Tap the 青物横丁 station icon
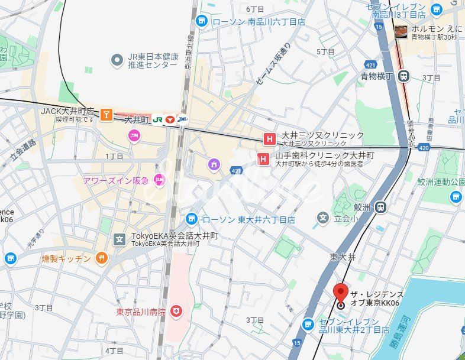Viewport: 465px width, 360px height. pos(404,76)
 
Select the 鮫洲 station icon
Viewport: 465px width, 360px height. pos(381,207)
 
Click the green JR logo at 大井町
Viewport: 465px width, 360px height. pos(158,119)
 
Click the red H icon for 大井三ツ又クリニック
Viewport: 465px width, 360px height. pos(270,140)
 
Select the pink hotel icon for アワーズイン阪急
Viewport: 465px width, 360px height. pos(159,179)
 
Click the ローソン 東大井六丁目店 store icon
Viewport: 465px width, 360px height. pos(191,219)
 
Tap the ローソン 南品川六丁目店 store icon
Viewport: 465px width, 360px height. pos(201,21)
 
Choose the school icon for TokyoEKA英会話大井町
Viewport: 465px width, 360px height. pos(120,239)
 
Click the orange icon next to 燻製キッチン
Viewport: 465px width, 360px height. pos(101,258)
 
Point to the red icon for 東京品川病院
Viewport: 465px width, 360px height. pos(176,311)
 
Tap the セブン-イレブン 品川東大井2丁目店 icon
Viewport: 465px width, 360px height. pos(308,325)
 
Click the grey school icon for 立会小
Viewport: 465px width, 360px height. pos(322,218)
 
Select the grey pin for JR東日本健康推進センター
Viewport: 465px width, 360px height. pos(117,60)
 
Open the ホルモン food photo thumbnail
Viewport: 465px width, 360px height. pos(401,31)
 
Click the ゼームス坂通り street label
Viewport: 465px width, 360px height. pos(273,66)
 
